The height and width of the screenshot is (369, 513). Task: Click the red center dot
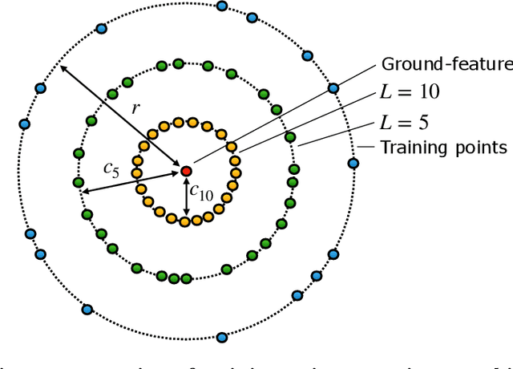pyautogui.click(x=186, y=171)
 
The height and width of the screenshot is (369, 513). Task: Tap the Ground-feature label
pyautogui.click(x=446, y=65)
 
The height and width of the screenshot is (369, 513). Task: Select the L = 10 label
pyautogui.click(x=410, y=92)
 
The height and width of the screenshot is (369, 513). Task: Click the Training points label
pyautogui.click(x=443, y=148)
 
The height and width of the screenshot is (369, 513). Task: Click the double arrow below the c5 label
pyautogui.click(x=130, y=181)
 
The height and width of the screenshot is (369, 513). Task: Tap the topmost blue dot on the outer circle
pyautogui.click(x=223, y=7)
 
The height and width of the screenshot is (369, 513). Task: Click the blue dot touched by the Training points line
pyautogui.click(x=353, y=163)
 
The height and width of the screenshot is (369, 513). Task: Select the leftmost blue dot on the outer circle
pyautogui.click(x=23, y=124)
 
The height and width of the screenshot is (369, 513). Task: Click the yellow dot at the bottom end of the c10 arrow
pyautogui.click(x=186, y=221)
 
